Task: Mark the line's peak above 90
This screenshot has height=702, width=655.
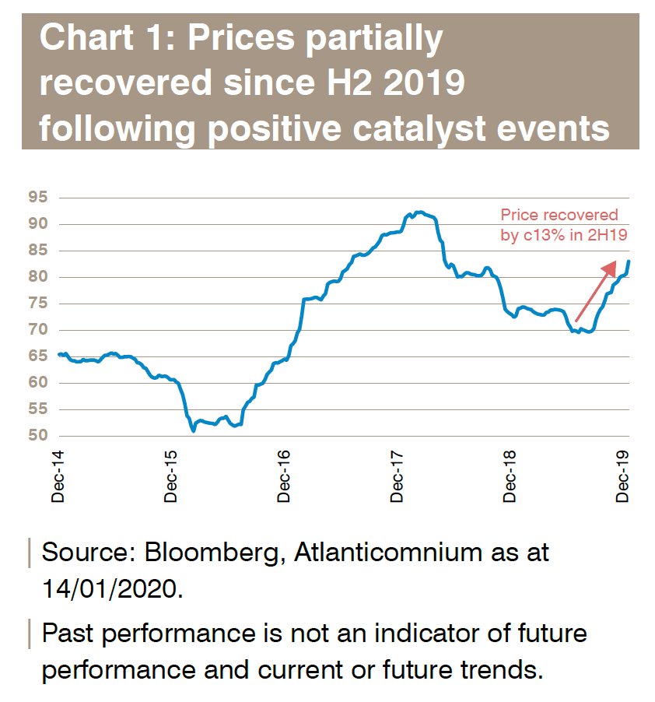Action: pos(419,212)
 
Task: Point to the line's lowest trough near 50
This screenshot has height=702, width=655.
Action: pos(193,430)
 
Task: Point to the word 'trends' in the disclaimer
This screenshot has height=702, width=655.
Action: pos(496,669)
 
